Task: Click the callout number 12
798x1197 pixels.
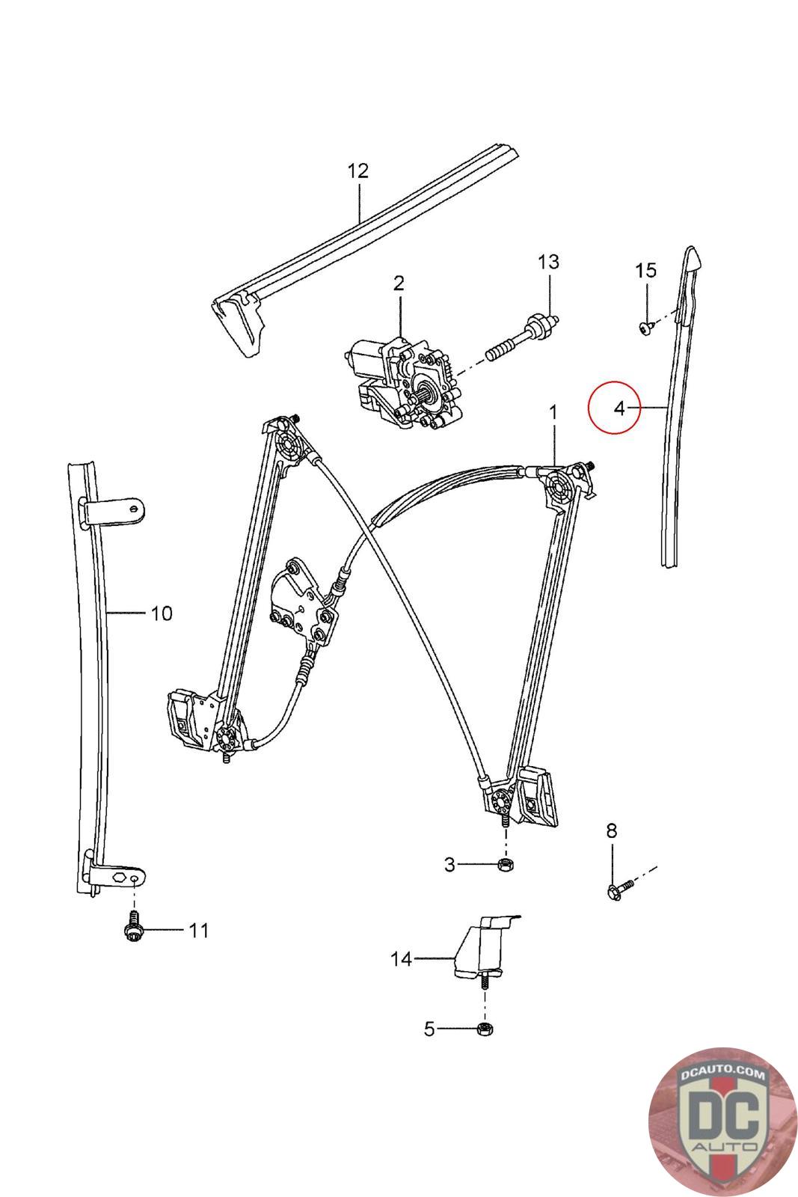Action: pyautogui.click(x=358, y=171)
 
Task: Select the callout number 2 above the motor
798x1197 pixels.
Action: pyautogui.click(x=399, y=283)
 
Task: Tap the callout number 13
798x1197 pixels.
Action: pyautogui.click(x=548, y=262)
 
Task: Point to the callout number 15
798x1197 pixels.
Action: pyautogui.click(x=646, y=270)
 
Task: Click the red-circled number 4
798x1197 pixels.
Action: pyautogui.click(x=618, y=408)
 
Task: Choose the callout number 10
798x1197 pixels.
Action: pyautogui.click(x=162, y=613)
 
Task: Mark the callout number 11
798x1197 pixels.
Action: pyautogui.click(x=198, y=931)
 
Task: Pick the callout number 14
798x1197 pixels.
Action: pyautogui.click(x=402, y=959)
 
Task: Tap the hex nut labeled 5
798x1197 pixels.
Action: pyautogui.click(x=485, y=1029)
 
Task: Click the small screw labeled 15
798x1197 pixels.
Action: pyautogui.click(x=645, y=327)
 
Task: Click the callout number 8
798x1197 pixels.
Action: pyautogui.click(x=612, y=830)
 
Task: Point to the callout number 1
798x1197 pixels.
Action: pyautogui.click(x=553, y=411)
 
